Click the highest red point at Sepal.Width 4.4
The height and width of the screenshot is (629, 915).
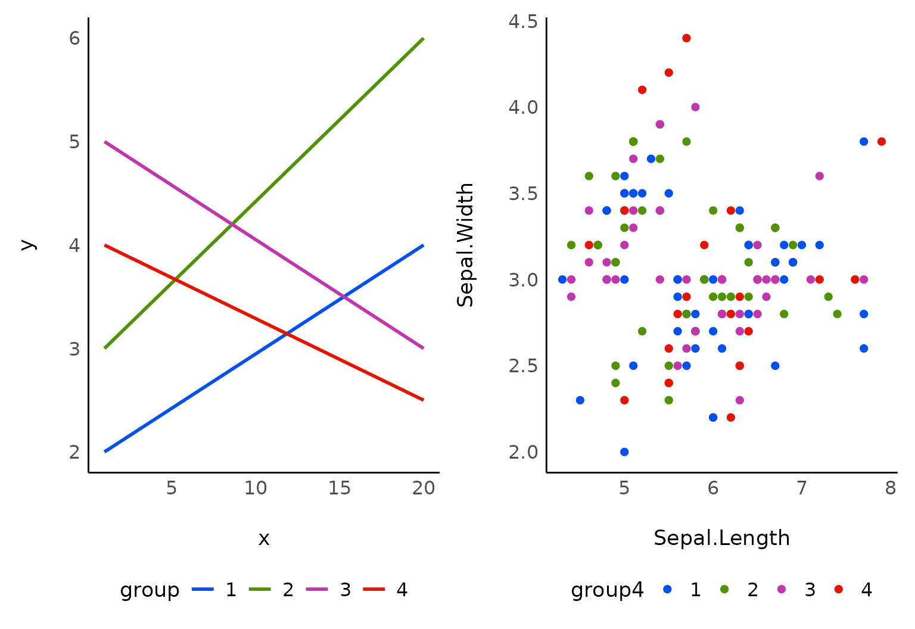click(686, 38)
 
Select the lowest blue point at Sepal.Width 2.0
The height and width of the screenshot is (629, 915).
click(624, 451)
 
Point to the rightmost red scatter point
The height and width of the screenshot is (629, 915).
click(882, 142)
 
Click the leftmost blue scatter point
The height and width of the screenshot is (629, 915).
click(562, 279)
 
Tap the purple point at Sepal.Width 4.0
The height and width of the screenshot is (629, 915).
click(695, 107)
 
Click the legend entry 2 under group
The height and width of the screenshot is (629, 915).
click(288, 590)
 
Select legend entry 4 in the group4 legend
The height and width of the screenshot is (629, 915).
click(866, 590)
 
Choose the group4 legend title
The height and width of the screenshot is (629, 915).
click(607, 590)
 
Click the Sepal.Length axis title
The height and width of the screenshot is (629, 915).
click(721, 538)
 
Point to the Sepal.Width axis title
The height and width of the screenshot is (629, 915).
click(465, 245)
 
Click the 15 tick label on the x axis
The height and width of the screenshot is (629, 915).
click(340, 488)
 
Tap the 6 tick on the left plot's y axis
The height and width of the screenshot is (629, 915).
click(74, 39)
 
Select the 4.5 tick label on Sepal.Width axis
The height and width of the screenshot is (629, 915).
click(523, 22)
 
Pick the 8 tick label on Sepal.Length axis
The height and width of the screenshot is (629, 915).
click(891, 488)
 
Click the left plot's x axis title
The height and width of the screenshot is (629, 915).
click(264, 539)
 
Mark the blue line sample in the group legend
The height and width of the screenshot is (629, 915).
click(203, 590)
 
